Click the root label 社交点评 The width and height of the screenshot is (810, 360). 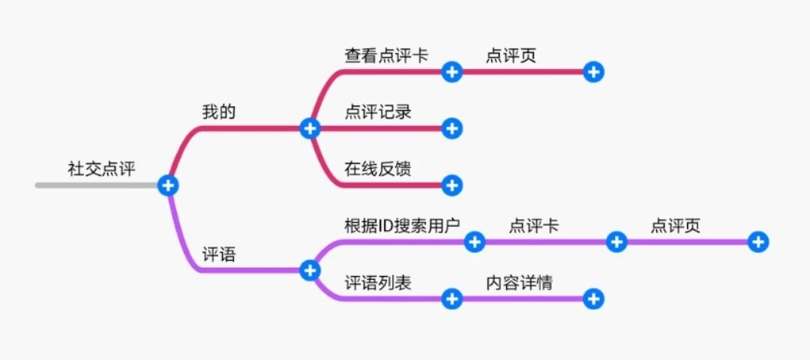click(102, 169)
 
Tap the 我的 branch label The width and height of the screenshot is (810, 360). click(219, 112)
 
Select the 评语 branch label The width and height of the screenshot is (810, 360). click(219, 254)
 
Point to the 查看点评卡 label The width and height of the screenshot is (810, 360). click(386, 55)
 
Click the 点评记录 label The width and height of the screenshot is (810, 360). click(378, 112)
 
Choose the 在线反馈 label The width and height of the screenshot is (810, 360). click(378, 169)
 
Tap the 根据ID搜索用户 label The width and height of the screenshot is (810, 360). click(402, 226)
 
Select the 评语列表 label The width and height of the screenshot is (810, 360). click(378, 283)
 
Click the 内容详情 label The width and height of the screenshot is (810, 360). click(520, 283)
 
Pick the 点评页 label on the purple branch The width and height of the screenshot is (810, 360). click(675, 226)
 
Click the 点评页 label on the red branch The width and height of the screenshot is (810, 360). click(511, 55)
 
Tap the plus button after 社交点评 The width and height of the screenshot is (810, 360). click(168, 185)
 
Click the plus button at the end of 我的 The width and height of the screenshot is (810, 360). click(310, 128)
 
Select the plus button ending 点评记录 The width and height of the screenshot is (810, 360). click(451, 128)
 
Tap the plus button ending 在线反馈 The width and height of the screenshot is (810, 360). click(451, 185)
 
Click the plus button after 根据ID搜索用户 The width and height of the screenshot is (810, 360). click(474, 241)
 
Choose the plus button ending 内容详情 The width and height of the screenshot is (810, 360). click(593, 298)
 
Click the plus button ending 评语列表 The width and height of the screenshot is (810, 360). click(451, 298)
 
